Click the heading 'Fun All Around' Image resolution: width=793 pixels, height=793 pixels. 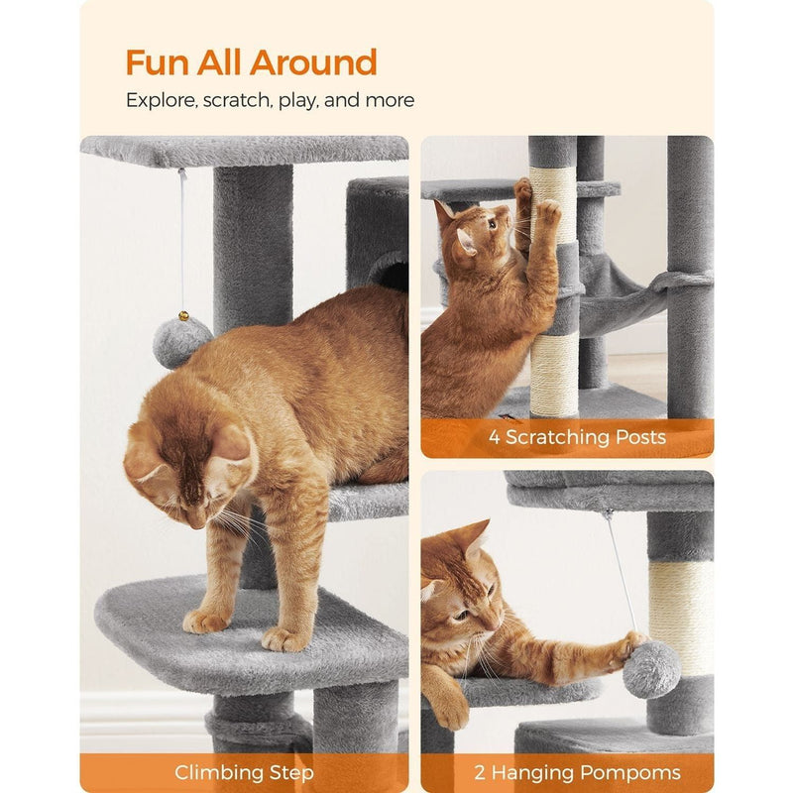point(251,62)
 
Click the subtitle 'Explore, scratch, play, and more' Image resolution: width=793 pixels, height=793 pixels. point(270,100)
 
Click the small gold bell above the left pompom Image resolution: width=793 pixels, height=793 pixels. point(182,315)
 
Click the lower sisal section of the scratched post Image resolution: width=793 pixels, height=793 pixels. point(554,374)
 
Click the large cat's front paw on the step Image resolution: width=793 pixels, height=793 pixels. point(206,622)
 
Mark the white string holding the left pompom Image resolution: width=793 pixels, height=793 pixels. point(181,238)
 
